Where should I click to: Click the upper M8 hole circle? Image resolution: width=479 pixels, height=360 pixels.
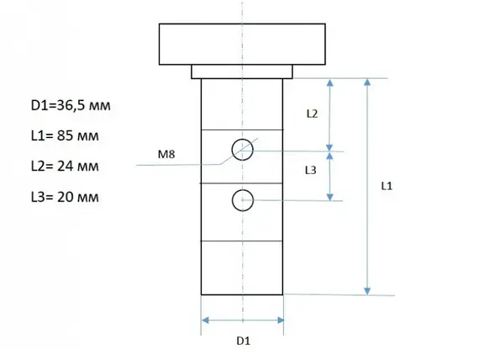pyautogui.click(x=243, y=149)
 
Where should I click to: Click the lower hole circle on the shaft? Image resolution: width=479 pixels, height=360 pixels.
pyautogui.click(x=243, y=200)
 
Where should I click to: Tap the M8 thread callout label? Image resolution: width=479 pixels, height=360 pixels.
pyautogui.click(x=167, y=155)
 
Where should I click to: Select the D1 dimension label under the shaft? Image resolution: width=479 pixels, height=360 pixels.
pyautogui.click(x=242, y=341)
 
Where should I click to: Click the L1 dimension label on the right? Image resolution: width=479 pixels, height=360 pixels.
pyautogui.click(x=387, y=185)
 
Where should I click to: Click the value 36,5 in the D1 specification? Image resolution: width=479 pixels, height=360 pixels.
pyautogui.click(x=72, y=106)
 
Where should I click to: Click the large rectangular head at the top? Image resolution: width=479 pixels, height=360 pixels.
pyautogui.click(x=242, y=44)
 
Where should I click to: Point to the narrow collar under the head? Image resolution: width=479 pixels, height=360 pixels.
pyautogui.click(x=242, y=71)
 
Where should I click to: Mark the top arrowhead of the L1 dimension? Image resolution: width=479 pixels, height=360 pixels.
pyautogui.click(x=367, y=83)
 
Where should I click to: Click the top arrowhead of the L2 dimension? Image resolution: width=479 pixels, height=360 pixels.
pyautogui.click(x=329, y=83)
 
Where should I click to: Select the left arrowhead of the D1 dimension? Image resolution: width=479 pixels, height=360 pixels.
pyautogui.click(x=205, y=320)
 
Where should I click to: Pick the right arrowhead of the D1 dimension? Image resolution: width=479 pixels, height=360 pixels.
pyautogui.click(x=280, y=320)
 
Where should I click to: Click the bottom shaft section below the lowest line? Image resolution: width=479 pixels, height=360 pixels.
pyautogui.click(x=242, y=267)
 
